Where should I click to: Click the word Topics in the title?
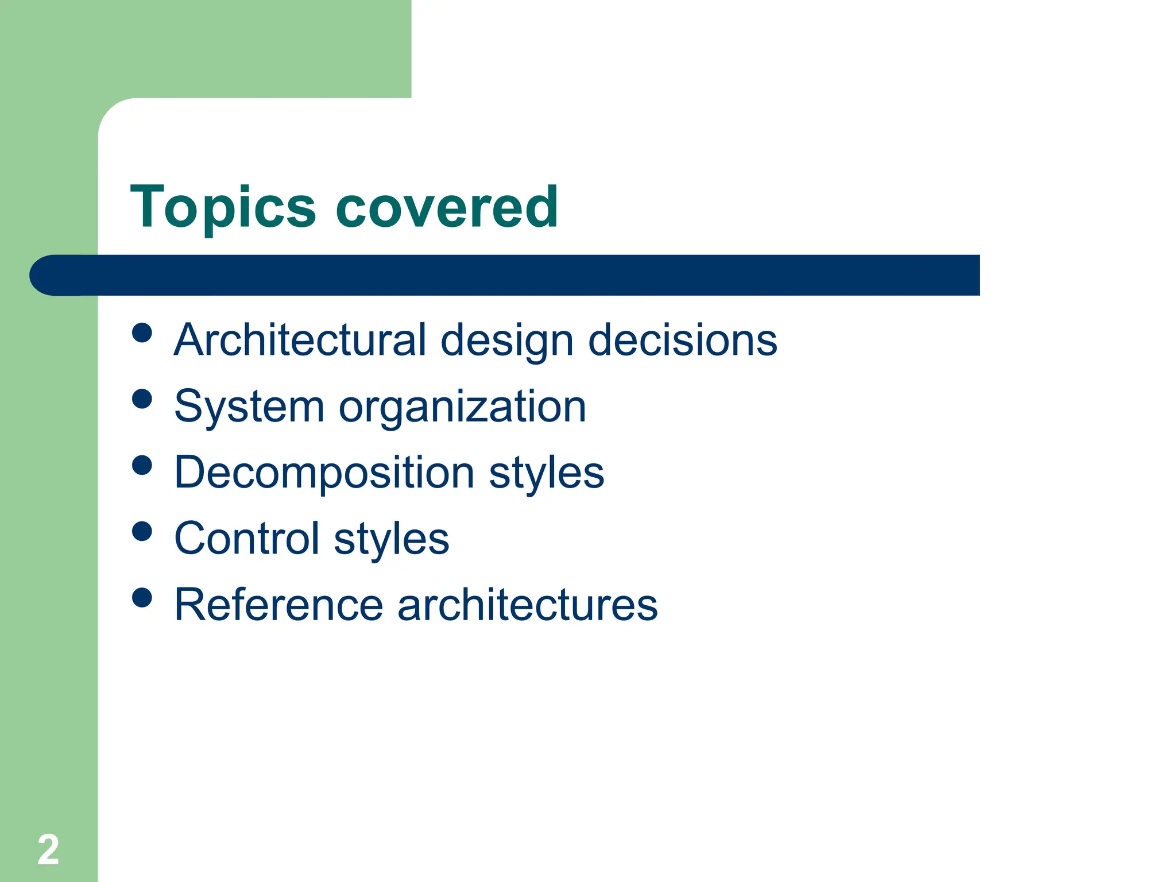tap(223, 208)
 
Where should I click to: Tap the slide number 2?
tap(48, 849)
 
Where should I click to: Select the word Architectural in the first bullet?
tap(300, 340)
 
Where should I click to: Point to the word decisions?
tap(682, 340)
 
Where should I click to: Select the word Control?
tap(246, 539)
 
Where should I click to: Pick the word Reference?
tap(278, 605)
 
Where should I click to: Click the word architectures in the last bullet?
tap(527, 605)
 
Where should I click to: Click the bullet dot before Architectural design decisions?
tap(142, 332)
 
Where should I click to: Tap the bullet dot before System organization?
tap(142, 399)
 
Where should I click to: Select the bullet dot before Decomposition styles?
tap(142, 465)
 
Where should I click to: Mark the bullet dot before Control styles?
tap(142, 531)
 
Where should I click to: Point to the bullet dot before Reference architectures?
tap(142, 597)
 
